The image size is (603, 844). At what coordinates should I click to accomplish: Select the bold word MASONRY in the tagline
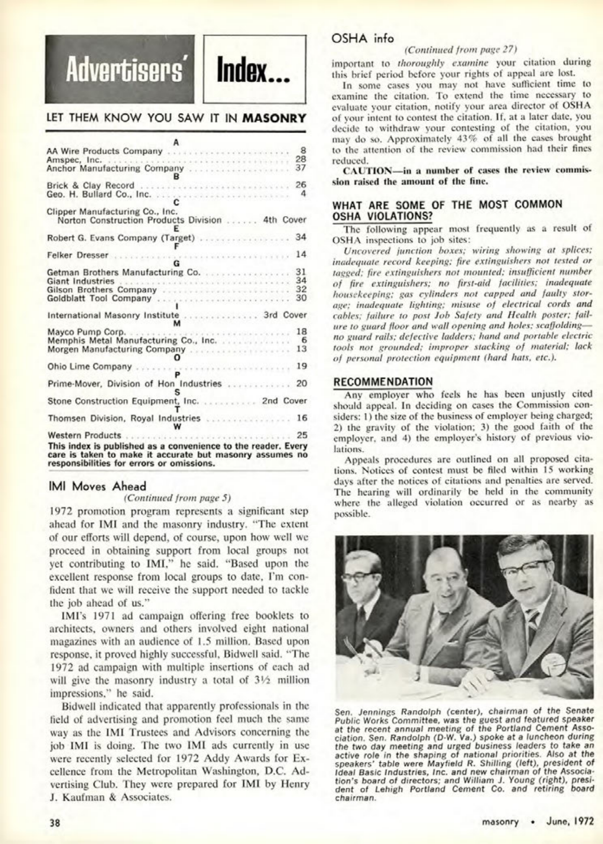pos(274,118)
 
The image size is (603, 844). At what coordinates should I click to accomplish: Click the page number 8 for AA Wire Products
pos(303,151)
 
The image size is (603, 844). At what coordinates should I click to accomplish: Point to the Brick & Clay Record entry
pos(91,185)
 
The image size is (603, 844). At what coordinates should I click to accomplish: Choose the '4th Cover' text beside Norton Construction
pos(284,220)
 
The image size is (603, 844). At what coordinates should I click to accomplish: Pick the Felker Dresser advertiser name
pos(78,255)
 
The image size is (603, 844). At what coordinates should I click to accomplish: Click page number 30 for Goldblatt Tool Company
pos(301,298)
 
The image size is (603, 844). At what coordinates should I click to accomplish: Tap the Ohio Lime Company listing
pos(89,366)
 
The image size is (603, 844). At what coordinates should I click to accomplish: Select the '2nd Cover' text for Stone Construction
pos(284,401)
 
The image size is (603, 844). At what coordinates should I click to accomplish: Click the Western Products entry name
pos(84,435)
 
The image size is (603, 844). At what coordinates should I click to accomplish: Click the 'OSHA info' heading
pos(362,38)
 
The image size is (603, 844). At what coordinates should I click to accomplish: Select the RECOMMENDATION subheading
pos(383,382)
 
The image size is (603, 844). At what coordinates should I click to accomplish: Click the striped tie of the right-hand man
pos(532,622)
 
